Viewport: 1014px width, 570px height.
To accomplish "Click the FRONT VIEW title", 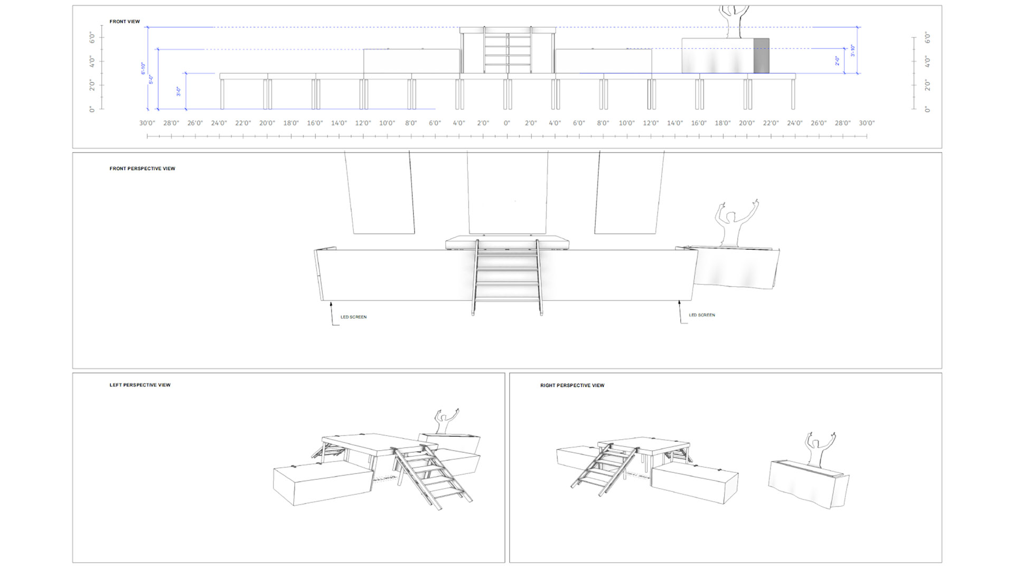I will pos(125,22).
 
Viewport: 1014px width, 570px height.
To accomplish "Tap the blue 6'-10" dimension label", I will pos(143,69).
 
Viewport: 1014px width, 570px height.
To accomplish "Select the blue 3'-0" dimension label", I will pos(179,91).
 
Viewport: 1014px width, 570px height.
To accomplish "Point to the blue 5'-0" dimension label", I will pos(151,79).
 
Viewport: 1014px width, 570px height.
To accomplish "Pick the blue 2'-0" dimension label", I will pos(837,61).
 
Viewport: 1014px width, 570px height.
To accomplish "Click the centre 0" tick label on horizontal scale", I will pos(507,123).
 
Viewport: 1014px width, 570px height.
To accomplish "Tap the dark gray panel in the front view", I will pos(761,55).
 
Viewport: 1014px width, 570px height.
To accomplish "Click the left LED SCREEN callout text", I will pos(353,317).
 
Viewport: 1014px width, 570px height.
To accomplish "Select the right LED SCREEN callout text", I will pos(702,315).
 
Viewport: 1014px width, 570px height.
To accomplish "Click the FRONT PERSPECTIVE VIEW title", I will pos(142,169).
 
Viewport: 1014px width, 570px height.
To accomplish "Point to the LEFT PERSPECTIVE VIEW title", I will pos(140,385).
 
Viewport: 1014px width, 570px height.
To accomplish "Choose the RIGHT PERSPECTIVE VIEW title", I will pos(572,385).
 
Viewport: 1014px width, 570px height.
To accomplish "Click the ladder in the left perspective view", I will pos(429,475).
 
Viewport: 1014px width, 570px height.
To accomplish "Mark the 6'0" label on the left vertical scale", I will pos(92,37).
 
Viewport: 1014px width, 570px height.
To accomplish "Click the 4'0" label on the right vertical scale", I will pos(927,61).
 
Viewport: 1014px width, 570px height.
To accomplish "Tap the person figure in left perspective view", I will pos(445,422).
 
